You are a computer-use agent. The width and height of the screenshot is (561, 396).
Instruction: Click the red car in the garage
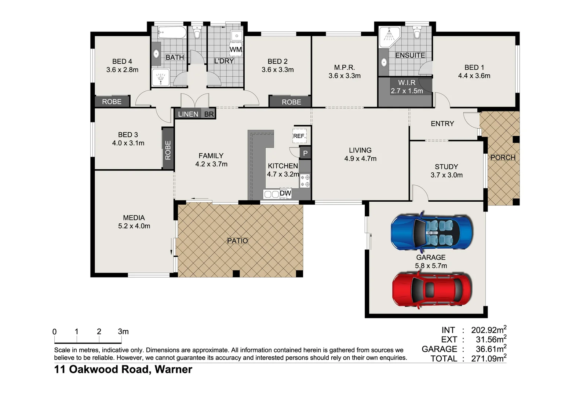coord(432,289)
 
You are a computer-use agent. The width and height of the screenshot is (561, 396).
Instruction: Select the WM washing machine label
coord(236,49)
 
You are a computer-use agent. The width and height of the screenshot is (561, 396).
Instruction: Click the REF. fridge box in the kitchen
coord(299,136)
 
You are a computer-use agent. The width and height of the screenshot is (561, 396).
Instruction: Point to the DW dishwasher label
coord(285,193)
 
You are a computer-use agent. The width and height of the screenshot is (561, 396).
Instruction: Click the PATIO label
coord(237,241)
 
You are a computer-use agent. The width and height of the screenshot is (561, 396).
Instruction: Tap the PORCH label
coord(503,157)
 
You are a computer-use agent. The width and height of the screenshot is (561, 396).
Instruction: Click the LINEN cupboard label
coord(188,114)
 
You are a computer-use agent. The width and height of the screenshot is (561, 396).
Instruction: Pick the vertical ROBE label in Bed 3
coord(168,150)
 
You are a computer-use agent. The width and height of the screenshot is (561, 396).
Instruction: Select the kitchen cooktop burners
coord(305,181)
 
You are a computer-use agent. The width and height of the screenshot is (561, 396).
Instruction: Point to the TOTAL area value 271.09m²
coord(488,358)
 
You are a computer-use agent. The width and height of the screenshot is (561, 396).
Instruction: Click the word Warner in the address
coord(173,369)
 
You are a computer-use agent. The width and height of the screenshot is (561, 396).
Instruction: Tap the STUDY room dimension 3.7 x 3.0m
coord(447,175)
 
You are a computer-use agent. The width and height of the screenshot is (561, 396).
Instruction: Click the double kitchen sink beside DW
coord(271,194)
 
